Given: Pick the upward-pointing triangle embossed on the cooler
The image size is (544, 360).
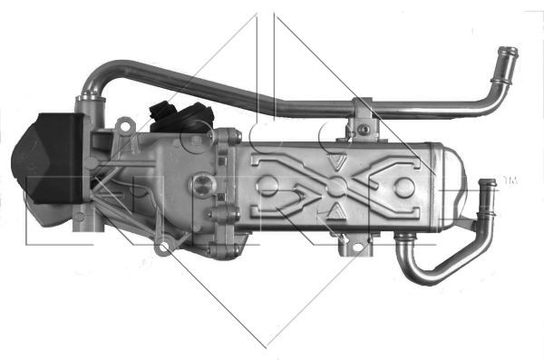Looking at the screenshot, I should tap(336, 214).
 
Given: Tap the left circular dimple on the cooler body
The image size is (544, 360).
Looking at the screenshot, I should tap(267, 189).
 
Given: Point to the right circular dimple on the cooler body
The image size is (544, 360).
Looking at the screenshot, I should tap(405, 189).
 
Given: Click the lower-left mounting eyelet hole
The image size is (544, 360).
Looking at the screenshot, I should tap(163, 246).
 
